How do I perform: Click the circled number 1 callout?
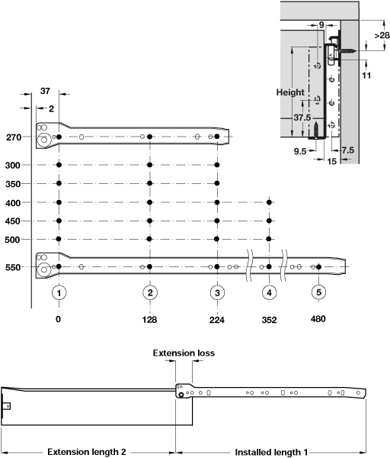click(x=59, y=292)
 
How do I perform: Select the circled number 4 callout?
click(x=269, y=292)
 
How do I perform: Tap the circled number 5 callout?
click(x=318, y=292)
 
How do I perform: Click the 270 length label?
click(x=14, y=137)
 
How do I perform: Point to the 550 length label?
click(x=13, y=267)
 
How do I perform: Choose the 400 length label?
click(x=13, y=203)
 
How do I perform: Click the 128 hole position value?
click(x=149, y=320)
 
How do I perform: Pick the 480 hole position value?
click(x=318, y=318)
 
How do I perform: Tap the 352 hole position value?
click(x=269, y=320)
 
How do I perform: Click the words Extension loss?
click(x=184, y=353)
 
